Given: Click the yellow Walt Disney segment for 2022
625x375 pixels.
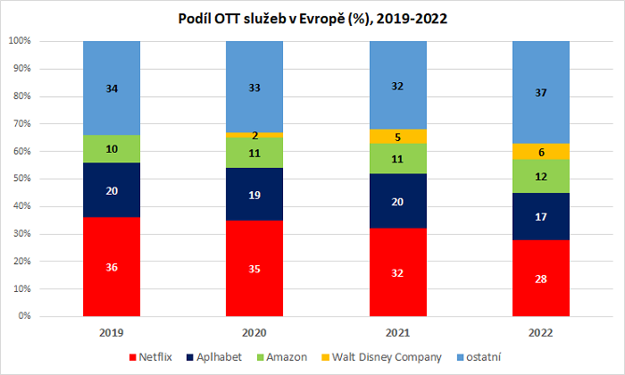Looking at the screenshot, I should [540, 152].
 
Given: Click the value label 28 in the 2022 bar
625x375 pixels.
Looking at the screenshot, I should [540, 278].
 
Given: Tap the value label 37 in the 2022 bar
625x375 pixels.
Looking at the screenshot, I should [540, 92].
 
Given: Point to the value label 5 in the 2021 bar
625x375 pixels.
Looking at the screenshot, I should [397, 137].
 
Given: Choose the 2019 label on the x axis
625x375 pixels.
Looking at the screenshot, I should [112, 332].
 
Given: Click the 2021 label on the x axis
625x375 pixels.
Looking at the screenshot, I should [397, 332].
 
